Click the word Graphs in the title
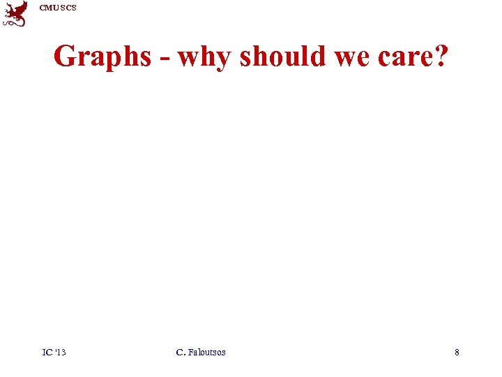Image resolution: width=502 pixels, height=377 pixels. click(x=102, y=57)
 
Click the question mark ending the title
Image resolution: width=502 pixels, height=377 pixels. click(x=441, y=56)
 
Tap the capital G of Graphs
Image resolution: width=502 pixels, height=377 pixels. click(x=65, y=56)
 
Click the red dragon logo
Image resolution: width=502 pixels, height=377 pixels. click(x=15, y=13)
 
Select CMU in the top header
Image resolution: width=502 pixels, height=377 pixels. click(x=49, y=8)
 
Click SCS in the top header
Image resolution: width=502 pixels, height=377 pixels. click(x=68, y=8)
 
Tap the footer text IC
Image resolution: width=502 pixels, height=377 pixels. click(x=47, y=352)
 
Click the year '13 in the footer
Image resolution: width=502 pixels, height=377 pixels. click(x=60, y=352)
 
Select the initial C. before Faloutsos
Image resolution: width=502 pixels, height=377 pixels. click(x=181, y=352)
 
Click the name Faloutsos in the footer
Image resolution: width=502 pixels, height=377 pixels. click(x=206, y=352)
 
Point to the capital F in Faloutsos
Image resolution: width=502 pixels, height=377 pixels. click(x=190, y=352)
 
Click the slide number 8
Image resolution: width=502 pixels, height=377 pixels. click(x=457, y=352)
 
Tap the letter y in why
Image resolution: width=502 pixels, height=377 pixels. click(x=221, y=59)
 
